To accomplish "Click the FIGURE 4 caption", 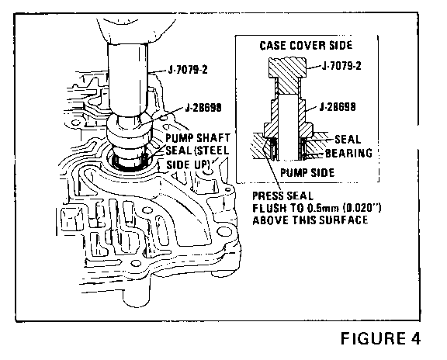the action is (380, 338).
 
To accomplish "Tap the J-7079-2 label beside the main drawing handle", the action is (188, 70).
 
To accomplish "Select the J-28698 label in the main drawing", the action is (203, 108).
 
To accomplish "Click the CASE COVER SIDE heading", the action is (306, 46).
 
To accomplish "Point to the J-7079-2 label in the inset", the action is (341, 66).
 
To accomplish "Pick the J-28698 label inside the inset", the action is (338, 107).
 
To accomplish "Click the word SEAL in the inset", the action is (348, 140).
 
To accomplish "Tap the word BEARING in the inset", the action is (348, 153).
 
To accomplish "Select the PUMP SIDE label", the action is (307, 173).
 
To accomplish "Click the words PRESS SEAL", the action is (282, 196).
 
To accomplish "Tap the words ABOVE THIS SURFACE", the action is (310, 220).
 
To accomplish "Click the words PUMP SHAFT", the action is (198, 138).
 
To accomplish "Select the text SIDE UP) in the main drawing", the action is (188, 164).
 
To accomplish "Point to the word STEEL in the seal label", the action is (212, 151).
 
